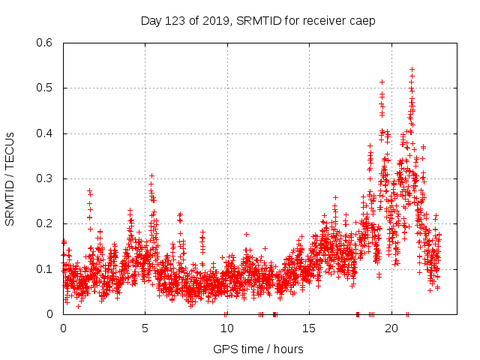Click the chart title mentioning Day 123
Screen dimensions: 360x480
pyautogui.click(x=258, y=20)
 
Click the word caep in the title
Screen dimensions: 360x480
pyautogui.click(x=362, y=20)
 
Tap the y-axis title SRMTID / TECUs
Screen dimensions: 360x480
pyautogui.click(x=10, y=178)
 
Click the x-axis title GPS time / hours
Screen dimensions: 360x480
pyautogui.click(x=258, y=349)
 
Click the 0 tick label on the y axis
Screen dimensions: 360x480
pyautogui.click(x=52, y=314)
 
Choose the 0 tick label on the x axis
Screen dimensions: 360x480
pyautogui.click(x=63, y=328)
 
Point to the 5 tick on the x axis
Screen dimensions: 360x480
pyautogui.click(x=145, y=328)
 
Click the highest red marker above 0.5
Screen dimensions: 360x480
pyautogui.click(x=412, y=69)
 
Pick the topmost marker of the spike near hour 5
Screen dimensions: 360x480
pyautogui.click(x=151, y=175)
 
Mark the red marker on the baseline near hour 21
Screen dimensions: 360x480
pyautogui.click(x=407, y=313)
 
